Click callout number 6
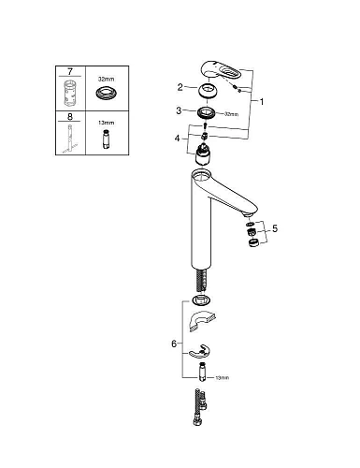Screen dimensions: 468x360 [x=175, y=344]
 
